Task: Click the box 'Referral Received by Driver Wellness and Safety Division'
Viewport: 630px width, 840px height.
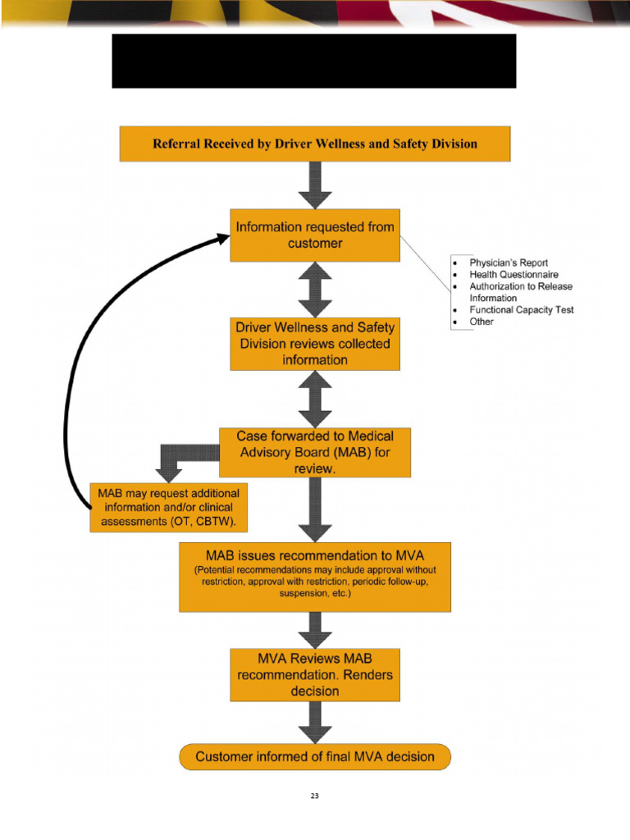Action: [315, 144]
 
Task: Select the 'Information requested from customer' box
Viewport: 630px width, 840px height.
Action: [315, 235]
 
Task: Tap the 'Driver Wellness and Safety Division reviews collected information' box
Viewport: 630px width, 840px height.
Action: [315, 344]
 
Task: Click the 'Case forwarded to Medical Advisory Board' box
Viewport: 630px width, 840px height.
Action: [315, 452]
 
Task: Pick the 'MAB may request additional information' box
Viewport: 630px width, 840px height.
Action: [168, 508]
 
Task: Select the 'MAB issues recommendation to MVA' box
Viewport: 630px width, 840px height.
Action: [315, 576]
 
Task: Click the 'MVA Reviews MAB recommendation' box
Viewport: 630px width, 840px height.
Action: [315, 674]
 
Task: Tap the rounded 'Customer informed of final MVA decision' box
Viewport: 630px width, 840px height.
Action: [315, 756]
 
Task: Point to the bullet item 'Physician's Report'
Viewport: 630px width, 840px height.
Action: [509, 262]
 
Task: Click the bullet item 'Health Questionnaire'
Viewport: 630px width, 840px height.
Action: [514, 274]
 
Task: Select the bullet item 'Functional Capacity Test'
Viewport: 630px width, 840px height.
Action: [521, 310]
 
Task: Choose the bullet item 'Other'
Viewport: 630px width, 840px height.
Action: [482, 322]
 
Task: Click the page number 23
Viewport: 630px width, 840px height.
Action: [314, 797]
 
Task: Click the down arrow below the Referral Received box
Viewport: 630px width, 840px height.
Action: [315, 185]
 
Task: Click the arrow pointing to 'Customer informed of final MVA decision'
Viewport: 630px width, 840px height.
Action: [315, 723]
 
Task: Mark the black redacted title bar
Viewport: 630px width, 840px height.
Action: [314, 61]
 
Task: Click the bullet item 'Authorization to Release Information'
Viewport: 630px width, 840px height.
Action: [521, 292]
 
